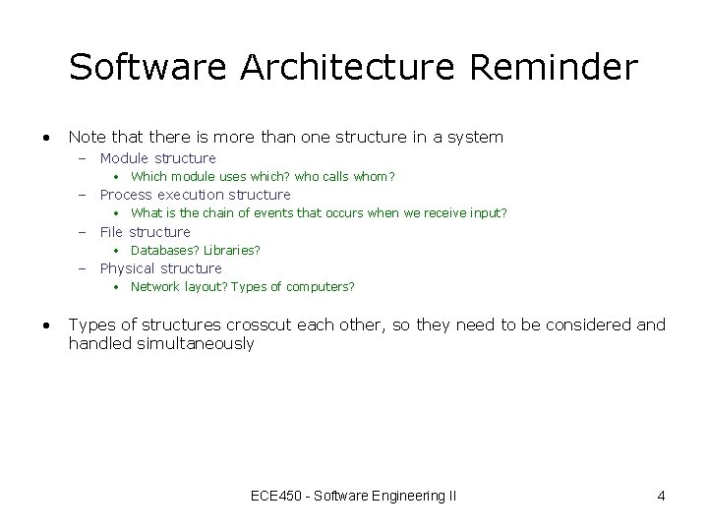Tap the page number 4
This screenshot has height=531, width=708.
tap(661, 496)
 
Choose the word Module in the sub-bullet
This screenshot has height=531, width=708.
tap(125, 158)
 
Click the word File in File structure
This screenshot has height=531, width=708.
tap(112, 232)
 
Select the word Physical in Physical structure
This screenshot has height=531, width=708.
tap(128, 268)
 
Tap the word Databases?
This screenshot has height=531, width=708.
tap(164, 251)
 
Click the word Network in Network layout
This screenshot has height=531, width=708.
tap(155, 287)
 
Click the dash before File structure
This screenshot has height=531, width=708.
tap(84, 232)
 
